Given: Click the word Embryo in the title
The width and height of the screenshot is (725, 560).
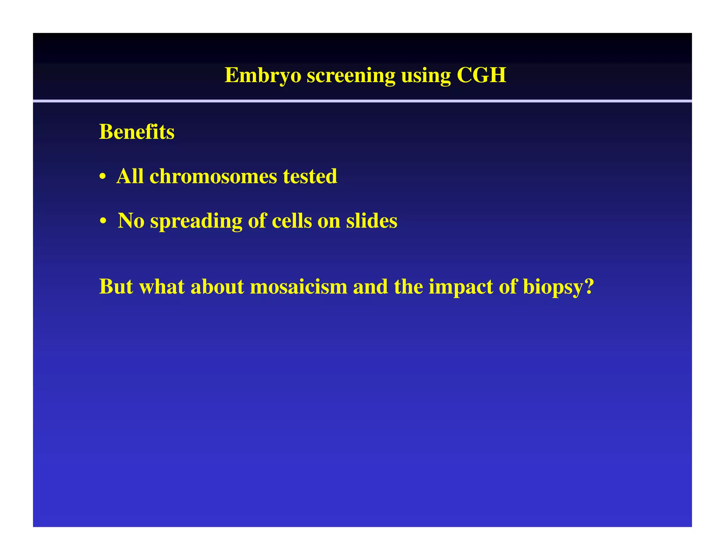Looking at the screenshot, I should pos(263,75).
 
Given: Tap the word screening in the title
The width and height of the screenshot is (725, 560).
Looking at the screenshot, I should pos(350,75).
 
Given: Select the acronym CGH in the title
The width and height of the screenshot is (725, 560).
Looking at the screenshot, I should pos(481,75).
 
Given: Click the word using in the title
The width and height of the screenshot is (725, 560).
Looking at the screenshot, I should pos(426,75).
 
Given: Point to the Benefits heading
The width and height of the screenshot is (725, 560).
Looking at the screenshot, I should pos(137,132).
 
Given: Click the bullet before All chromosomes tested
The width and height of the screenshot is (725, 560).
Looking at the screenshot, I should pos(103,177).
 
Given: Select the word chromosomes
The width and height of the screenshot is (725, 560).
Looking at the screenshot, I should pos(213,176).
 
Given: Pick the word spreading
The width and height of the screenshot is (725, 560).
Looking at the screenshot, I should pos(196,221).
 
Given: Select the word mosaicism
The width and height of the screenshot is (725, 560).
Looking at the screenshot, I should pos(298,286).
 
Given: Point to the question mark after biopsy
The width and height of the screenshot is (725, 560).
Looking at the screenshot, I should pos(589,286).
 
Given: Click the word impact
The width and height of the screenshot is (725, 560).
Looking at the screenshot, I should pos(461,287).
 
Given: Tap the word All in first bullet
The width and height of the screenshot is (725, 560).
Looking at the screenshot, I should pos(130,176).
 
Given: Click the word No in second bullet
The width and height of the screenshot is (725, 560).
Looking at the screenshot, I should pos(131,221).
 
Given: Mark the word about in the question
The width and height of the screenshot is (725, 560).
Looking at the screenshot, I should pos(217,286).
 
